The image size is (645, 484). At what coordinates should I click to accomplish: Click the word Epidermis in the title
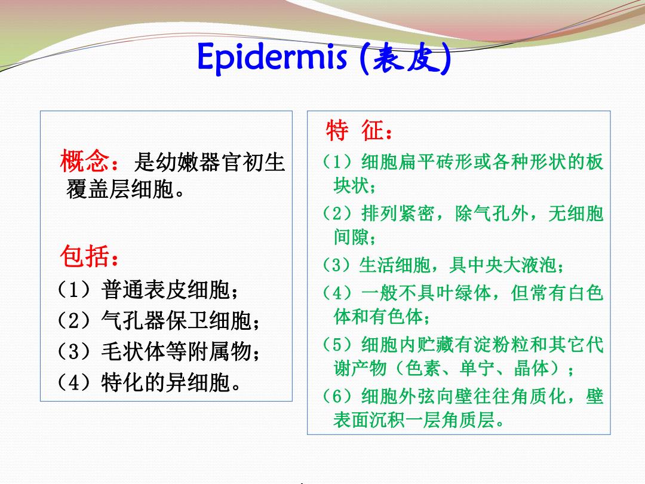272,57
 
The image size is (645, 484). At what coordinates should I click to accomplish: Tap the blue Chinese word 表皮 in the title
406,59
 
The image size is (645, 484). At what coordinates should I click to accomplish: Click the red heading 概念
85,161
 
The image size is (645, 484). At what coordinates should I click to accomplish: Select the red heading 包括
84,256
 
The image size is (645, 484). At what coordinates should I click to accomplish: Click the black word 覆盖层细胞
119,189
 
